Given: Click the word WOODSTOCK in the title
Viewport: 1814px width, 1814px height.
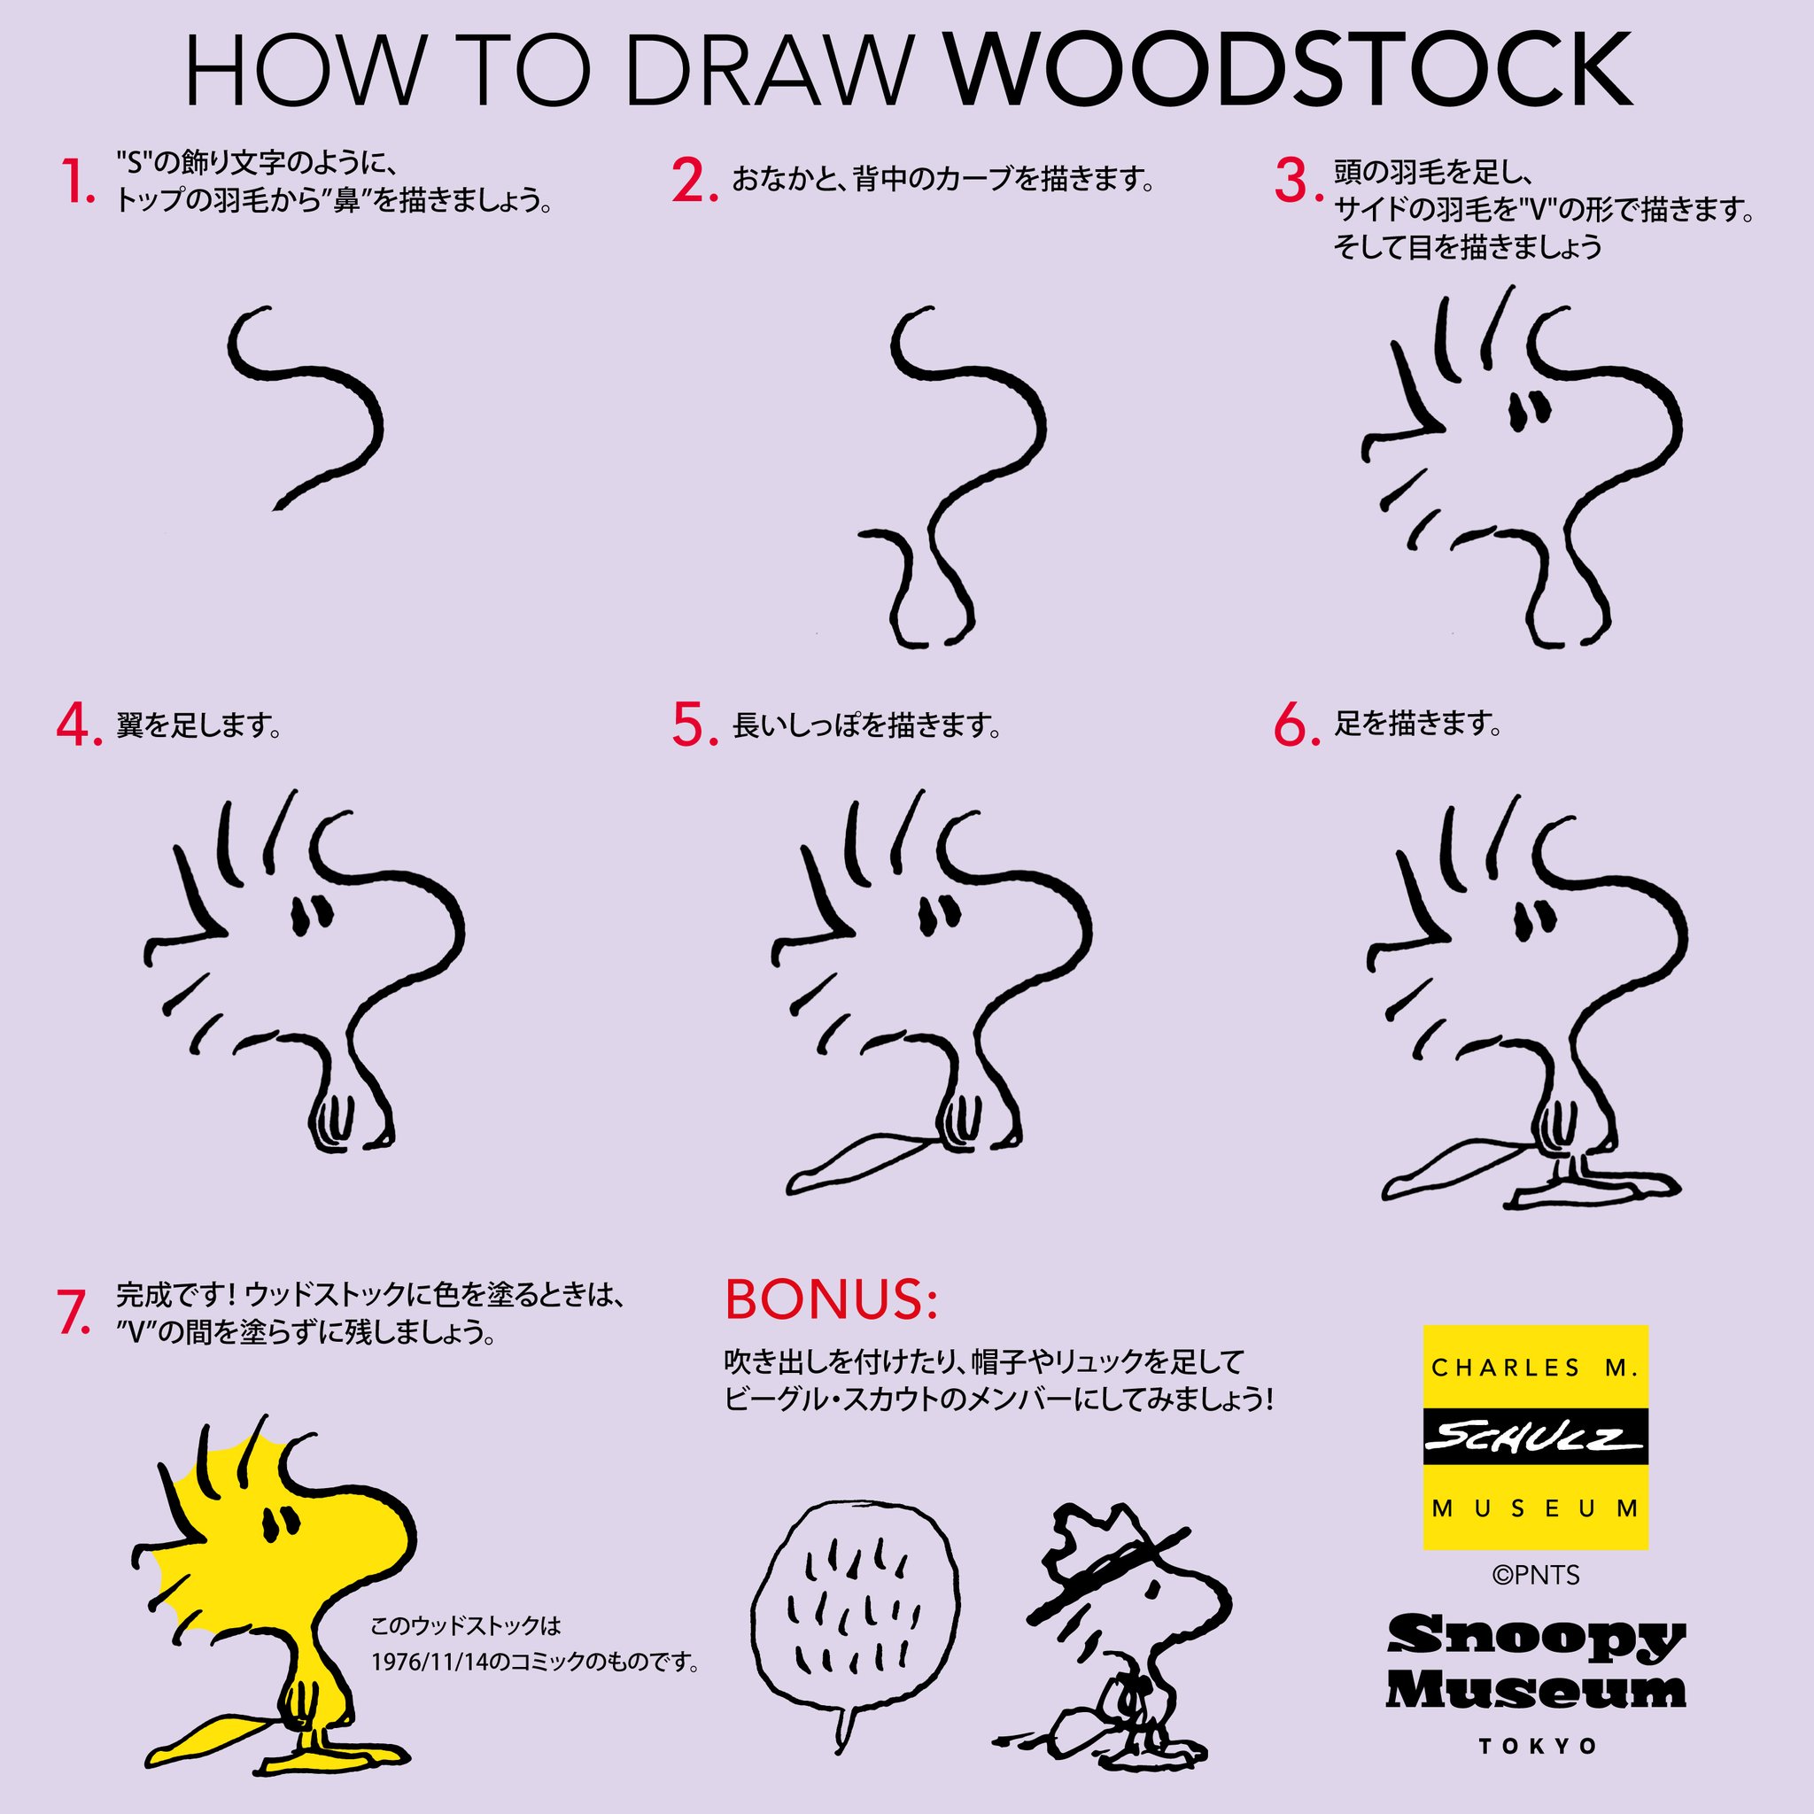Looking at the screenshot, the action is point(1290,72).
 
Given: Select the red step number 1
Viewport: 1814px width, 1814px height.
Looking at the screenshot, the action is point(77,182).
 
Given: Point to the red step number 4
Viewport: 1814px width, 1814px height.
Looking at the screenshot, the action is point(79,725).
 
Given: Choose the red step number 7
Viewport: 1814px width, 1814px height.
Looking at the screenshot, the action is point(74,1313).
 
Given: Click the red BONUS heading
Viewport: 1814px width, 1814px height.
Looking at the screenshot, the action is point(831,1299).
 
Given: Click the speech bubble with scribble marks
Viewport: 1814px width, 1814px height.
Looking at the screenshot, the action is point(855,1614).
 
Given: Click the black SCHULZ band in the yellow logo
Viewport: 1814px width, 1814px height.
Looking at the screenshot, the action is point(1536,1437).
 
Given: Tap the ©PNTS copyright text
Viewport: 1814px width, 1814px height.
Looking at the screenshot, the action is point(1536,1575).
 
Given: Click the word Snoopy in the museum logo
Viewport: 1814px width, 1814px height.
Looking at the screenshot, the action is point(1536,1640).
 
